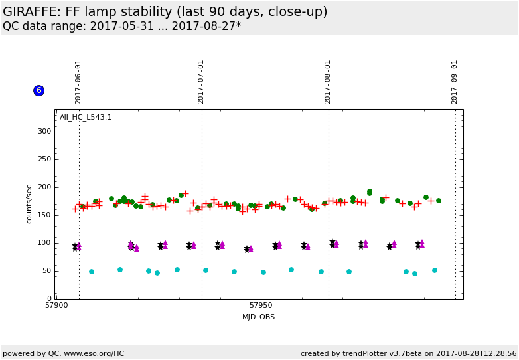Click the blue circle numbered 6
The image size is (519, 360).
38,90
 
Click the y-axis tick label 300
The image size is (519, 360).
44,132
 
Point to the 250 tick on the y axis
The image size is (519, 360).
44,159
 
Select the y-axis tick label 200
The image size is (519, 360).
44,187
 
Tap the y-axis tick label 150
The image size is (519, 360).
44,215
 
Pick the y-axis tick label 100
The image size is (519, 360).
44,243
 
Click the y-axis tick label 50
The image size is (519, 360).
46,271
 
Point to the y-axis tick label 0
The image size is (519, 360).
49,299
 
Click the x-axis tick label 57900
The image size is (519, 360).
56,306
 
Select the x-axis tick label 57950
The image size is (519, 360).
261,306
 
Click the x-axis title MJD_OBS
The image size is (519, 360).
258,317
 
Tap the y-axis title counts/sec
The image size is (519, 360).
29,204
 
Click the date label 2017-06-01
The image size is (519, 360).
78,82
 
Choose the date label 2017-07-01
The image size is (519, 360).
201,82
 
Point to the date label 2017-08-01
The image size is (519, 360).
328,82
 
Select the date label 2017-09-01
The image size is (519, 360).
455,82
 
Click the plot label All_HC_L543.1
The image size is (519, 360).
86,118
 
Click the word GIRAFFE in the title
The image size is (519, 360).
31,12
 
